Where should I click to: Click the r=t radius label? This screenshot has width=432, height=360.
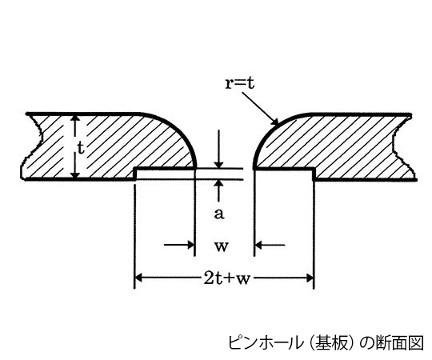[x=239, y=83]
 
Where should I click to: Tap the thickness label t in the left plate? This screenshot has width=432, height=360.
[x=81, y=149]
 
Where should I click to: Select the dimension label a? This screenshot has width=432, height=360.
[x=219, y=214]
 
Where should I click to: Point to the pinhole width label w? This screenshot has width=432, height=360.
[x=222, y=246]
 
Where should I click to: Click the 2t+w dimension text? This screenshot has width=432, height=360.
[x=226, y=278]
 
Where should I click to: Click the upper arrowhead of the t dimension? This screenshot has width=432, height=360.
[x=75, y=118]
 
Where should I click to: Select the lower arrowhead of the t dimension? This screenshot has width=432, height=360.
[x=75, y=174]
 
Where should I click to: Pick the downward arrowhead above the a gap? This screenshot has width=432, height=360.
[x=218, y=164]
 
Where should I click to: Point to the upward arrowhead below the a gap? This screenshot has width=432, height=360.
[x=218, y=184]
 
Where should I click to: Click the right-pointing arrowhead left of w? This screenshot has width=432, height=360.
[x=191, y=245]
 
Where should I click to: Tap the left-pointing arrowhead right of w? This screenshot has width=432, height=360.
[x=258, y=245]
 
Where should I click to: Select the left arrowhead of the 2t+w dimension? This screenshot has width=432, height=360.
[x=138, y=278]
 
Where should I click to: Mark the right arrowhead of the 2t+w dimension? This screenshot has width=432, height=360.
[x=310, y=278]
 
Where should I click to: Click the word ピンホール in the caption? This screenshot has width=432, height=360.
[x=265, y=343]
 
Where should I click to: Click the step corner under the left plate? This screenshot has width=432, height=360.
[x=135, y=168]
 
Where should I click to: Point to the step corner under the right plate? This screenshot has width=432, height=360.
[x=314, y=168]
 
